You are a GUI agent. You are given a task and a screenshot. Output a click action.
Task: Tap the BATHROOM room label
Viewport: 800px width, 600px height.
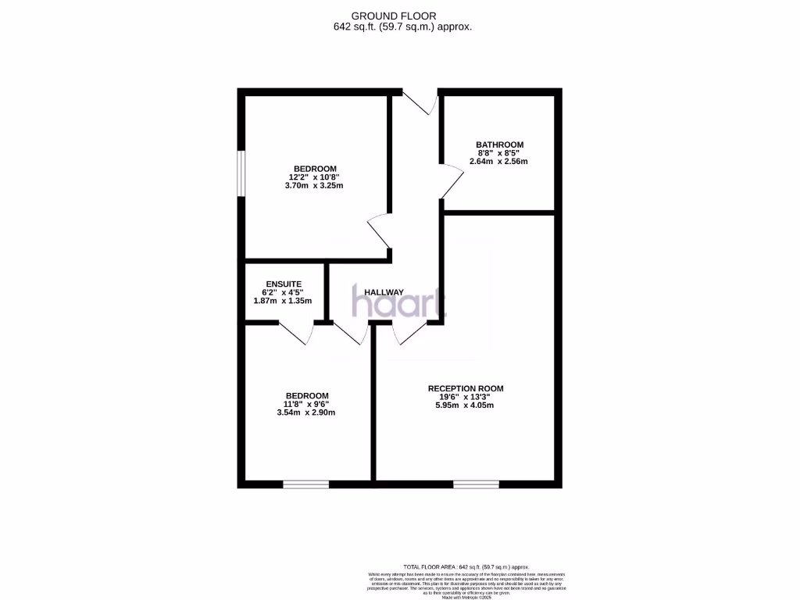click(499, 145)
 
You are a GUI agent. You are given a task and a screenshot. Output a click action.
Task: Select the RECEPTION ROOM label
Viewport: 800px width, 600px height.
click(466, 388)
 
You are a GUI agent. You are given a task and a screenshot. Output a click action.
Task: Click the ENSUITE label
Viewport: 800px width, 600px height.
click(284, 284)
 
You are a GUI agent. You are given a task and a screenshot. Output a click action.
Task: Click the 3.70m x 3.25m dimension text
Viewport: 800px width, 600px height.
click(315, 186)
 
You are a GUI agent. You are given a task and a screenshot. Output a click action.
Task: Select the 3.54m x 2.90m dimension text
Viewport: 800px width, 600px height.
click(306, 412)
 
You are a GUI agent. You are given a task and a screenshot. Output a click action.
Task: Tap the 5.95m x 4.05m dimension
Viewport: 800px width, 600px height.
click(465, 405)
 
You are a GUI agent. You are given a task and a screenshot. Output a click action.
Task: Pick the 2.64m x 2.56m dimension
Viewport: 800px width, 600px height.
click(498, 162)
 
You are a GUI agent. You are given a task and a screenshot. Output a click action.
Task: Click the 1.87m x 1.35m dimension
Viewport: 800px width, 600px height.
click(283, 301)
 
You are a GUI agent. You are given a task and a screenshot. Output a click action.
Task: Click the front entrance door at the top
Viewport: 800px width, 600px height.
click(421, 102)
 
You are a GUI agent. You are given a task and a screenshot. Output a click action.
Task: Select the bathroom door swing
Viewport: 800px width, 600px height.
click(449, 181)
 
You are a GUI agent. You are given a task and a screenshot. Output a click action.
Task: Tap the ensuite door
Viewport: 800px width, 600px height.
click(298, 332)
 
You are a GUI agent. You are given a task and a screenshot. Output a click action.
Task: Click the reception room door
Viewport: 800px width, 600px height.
click(409, 333)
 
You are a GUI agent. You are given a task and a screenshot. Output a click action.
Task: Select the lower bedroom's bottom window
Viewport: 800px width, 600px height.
click(305, 484)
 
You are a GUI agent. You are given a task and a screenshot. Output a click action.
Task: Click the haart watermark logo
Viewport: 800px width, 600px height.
click(399, 302)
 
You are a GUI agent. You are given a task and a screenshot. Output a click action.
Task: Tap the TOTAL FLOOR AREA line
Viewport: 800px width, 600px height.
click(466, 566)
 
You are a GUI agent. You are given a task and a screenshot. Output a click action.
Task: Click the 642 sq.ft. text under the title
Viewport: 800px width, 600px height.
click(403, 27)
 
